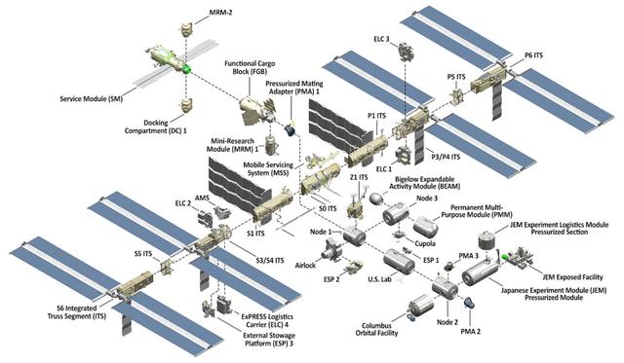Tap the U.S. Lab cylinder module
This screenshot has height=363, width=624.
tap(397, 265)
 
